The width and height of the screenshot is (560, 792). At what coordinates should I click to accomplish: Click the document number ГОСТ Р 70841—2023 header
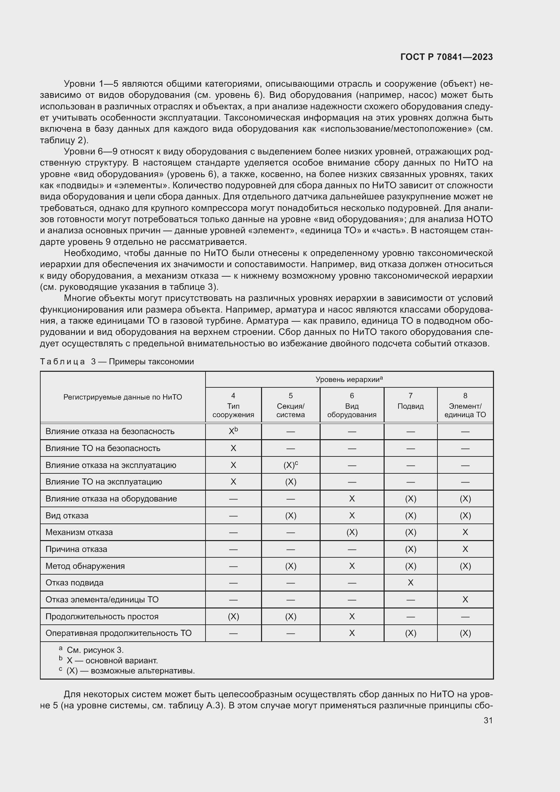446,57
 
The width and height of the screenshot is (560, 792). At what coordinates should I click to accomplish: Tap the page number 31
488,720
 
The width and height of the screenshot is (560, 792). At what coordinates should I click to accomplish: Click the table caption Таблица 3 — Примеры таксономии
117,362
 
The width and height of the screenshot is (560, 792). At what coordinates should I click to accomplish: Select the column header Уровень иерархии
349,380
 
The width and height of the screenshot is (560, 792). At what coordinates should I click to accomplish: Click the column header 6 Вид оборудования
352,405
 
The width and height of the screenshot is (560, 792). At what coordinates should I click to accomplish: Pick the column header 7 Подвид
410,401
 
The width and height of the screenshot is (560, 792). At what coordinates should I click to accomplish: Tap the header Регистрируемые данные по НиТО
123,397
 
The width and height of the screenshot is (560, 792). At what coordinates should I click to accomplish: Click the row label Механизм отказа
79,532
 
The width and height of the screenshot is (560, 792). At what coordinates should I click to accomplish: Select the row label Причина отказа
76,549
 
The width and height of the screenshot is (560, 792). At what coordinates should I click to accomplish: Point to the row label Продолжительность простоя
102,616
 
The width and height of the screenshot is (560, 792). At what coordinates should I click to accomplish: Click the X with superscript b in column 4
234,431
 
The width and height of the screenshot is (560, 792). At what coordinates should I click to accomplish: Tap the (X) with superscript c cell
290,465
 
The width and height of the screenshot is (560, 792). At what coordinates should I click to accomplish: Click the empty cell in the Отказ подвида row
465,583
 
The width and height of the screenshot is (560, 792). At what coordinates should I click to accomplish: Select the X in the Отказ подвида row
410,583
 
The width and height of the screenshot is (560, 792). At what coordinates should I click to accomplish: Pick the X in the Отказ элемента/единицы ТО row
465,600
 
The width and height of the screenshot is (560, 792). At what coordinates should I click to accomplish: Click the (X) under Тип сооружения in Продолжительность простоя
234,616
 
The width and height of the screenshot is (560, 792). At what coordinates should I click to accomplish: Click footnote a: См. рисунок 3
91,650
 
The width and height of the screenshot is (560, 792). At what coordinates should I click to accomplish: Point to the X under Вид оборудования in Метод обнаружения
352,566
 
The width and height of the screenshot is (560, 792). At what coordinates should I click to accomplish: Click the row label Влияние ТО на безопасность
103,448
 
